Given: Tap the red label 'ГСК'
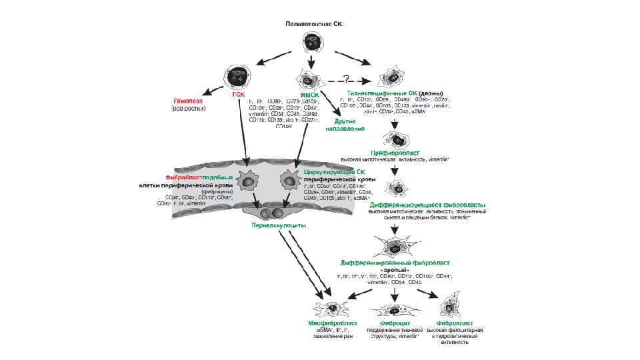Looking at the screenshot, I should (239, 95).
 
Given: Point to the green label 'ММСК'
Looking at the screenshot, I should (309, 95).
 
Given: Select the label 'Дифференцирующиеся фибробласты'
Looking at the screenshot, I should (427, 204).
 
